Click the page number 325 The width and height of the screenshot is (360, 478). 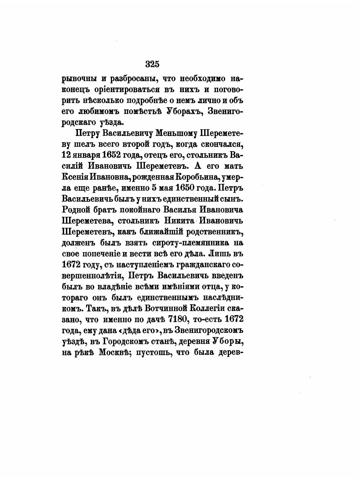tap(152, 64)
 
